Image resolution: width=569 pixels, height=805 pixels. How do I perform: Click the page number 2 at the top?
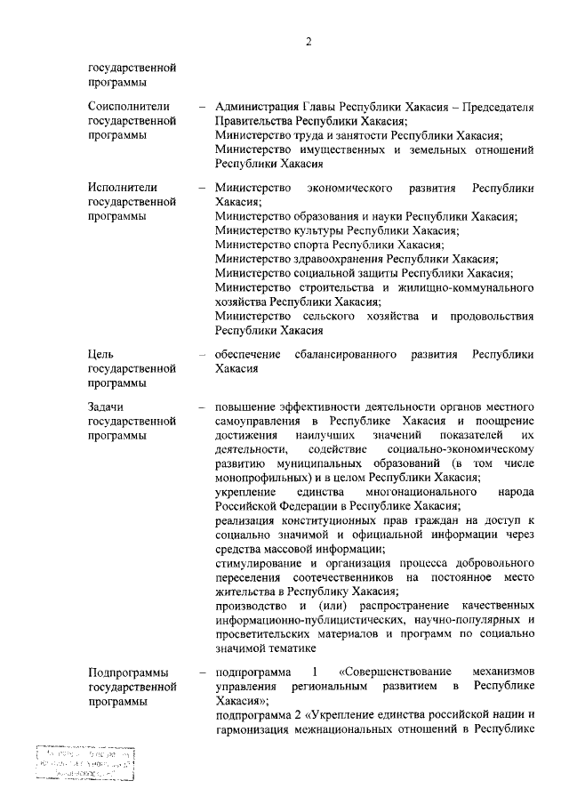(x=308, y=41)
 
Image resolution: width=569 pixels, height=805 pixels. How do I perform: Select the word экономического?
(x=350, y=188)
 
